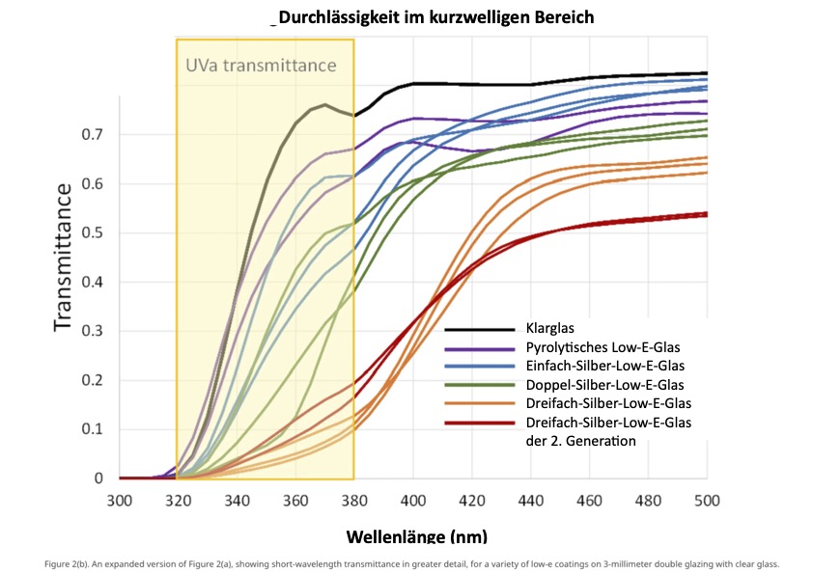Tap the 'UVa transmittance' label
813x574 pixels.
(261, 66)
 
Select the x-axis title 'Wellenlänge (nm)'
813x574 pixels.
(416, 535)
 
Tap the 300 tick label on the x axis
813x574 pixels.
(119, 500)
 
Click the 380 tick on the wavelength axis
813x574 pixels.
(353, 500)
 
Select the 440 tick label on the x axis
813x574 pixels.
(530, 500)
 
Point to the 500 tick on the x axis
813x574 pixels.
(707, 500)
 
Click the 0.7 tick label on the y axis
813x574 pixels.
(92, 134)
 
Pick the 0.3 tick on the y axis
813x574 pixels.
(92, 331)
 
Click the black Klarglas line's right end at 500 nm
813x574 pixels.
(706, 73)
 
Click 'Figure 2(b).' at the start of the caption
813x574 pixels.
(69, 564)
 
